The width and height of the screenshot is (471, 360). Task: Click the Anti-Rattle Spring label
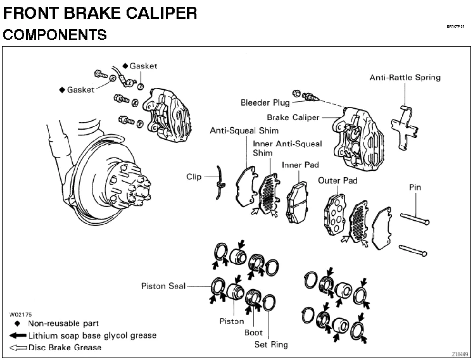coord(405,78)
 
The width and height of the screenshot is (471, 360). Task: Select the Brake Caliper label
coord(293,117)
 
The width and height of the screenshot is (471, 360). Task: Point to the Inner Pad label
coord(300,165)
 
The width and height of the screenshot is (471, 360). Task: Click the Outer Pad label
coord(337,181)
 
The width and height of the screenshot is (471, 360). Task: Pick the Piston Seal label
coord(163,286)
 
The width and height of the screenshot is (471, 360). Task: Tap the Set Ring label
coord(271,344)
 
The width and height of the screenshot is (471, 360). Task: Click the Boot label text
coord(253,333)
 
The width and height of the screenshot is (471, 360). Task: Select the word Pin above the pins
coord(415,187)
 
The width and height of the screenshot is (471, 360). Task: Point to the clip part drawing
coord(220,181)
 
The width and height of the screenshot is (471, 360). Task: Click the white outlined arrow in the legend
coord(18,347)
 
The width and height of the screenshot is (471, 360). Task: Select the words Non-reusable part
coord(63,324)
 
